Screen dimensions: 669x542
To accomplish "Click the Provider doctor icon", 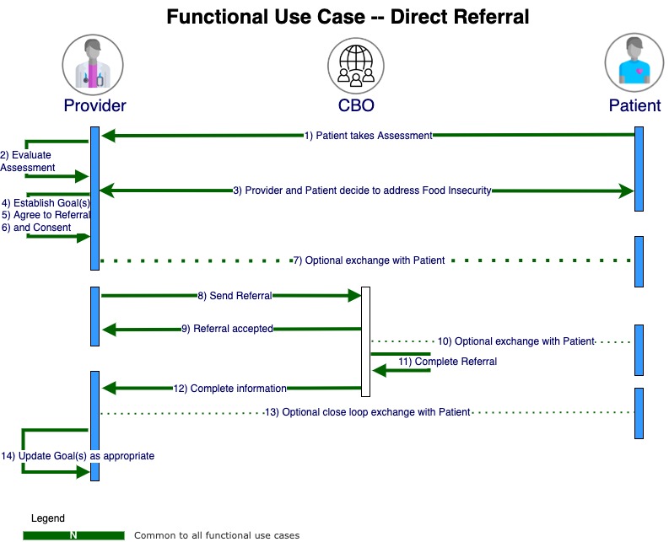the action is coord(93,65).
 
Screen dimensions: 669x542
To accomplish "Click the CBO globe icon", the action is coord(356,66).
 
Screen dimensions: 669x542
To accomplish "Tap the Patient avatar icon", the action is coord(634,62).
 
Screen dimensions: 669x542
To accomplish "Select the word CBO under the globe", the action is coord(356,105).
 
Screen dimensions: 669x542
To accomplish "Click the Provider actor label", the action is coord(94,105).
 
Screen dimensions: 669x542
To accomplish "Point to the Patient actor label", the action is coord(634,105).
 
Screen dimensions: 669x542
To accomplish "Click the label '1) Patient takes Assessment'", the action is coord(368,136).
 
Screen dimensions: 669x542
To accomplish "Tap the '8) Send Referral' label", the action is coord(235,296).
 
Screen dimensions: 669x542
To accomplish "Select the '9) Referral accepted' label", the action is coord(228,329).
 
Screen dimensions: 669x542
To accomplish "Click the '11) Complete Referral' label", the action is coord(448,362).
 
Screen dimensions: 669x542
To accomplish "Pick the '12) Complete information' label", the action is coord(230,389).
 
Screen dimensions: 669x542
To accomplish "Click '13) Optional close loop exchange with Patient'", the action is coord(367,412).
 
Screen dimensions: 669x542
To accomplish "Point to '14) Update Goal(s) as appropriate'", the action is coord(78,456).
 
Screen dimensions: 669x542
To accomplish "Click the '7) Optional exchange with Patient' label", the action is coord(369,260).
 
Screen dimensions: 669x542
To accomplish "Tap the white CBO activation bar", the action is coord(365,341).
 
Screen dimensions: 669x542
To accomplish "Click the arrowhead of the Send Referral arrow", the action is coord(355,295).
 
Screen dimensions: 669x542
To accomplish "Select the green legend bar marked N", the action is coord(73,535).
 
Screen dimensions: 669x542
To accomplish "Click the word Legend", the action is coord(48,518).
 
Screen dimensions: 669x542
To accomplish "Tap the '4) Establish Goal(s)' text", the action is coord(46,203).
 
